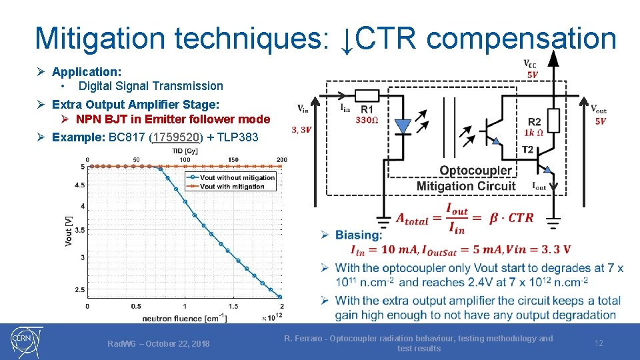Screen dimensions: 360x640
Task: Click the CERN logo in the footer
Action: tap(26, 342)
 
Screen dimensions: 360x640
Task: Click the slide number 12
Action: tap(599, 343)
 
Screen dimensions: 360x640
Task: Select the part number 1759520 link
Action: tap(177, 137)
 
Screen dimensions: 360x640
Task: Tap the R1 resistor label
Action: tap(367, 109)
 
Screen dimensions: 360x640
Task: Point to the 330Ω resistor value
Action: tap(367, 120)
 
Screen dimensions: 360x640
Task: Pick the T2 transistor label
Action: tap(528, 149)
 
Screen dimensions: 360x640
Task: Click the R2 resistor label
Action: tap(534, 122)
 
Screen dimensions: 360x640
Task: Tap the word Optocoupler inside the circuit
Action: tap(476, 171)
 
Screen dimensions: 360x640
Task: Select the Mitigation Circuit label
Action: tap(466, 185)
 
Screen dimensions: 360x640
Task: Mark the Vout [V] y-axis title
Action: tap(69, 231)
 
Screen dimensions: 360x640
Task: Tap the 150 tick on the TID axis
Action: tap(233, 160)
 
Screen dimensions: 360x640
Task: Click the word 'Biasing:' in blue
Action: tap(359, 235)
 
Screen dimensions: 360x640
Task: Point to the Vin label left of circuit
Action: tap(303, 109)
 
